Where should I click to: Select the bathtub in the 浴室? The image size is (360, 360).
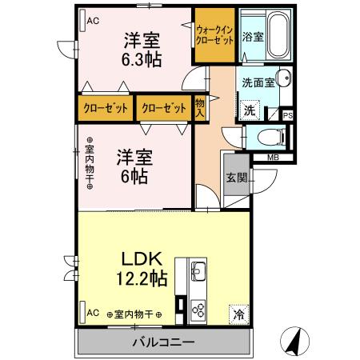pyautogui.click(x=277, y=36)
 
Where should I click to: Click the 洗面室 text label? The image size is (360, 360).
pyautogui.click(x=258, y=82)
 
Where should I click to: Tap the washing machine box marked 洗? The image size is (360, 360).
pyautogui.click(x=250, y=110)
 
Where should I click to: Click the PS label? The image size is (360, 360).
pyautogui.click(x=287, y=115)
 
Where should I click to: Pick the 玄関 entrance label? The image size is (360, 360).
pyautogui.click(x=236, y=178)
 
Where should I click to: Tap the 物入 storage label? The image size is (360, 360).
pyautogui.click(x=200, y=106)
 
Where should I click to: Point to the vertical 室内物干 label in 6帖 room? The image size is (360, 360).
pyautogui.click(x=90, y=164)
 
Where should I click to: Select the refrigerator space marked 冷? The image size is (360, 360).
pyautogui.click(x=238, y=314)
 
